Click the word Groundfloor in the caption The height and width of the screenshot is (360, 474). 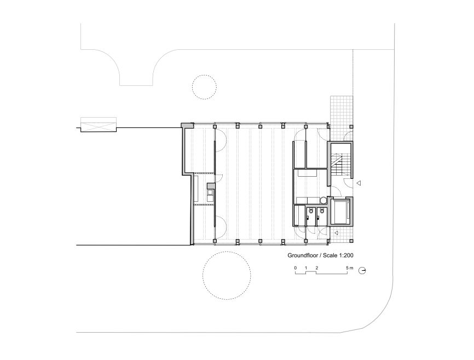(302, 256)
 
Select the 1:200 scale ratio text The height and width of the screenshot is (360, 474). (346, 256)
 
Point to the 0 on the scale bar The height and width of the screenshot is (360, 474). (296, 268)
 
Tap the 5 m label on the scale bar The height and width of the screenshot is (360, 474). (349, 268)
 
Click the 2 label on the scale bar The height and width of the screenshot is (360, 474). (317, 268)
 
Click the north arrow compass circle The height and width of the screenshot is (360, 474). (362, 270)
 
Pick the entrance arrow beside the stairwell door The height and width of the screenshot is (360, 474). (359, 183)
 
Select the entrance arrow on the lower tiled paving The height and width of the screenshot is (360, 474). (336, 233)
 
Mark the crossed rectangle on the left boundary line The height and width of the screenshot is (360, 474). (98, 125)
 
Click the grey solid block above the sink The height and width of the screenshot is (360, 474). (211, 185)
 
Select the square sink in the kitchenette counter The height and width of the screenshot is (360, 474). (210, 191)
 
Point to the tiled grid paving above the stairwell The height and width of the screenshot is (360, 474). (342, 111)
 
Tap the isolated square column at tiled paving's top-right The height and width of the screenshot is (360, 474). (351, 126)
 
